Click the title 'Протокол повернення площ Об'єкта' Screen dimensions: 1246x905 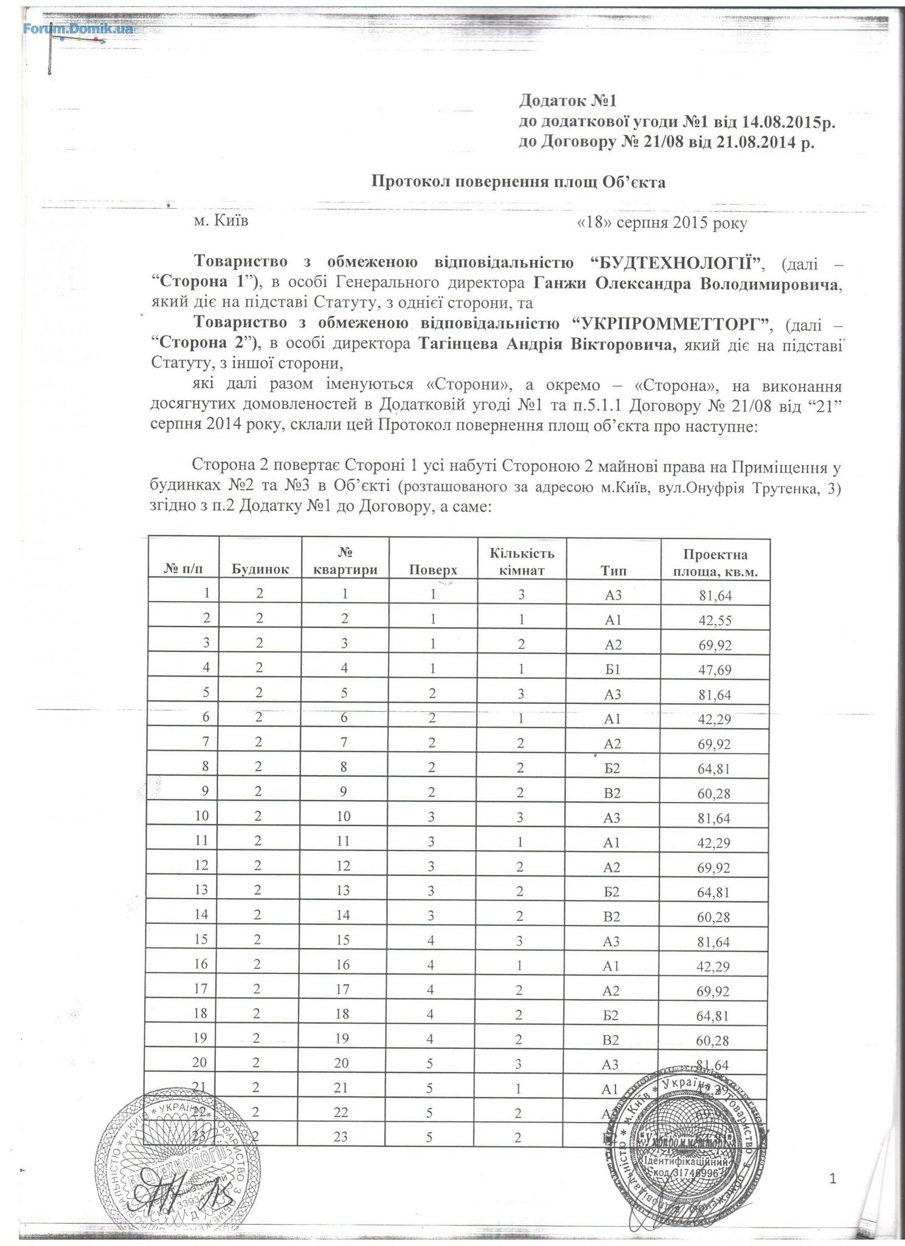click(x=518, y=182)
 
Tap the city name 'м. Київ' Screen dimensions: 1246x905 click(x=221, y=220)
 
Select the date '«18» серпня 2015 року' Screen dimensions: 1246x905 click(x=662, y=223)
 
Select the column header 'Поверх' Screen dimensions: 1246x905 click(x=432, y=570)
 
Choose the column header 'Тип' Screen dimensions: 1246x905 click(x=613, y=570)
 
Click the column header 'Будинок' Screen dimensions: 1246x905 click(x=260, y=570)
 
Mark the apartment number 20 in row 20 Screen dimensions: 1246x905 click(x=343, y=1063)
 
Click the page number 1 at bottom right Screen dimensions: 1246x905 click(x=833, y=1180)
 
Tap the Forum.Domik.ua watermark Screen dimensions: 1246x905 click(x=78, y=29)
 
